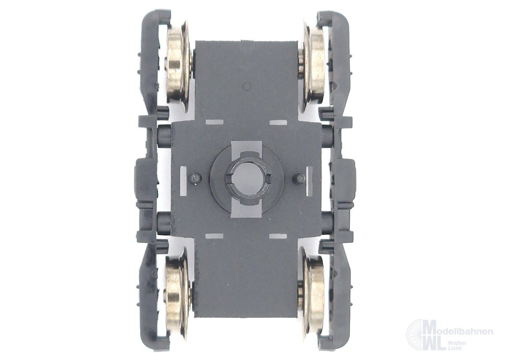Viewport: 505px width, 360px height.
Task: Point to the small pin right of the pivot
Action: click(x=298, y=177)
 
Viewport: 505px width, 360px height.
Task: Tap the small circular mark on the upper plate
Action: click(x=247, y=87)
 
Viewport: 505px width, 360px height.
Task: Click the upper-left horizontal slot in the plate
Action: click(x=213, y=122)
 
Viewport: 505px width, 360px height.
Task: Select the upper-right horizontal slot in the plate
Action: click(x=277, y=122)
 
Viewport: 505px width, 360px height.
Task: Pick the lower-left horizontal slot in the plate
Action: click(x=213, y=235)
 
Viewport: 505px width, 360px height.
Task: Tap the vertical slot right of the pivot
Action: click(x=309, y=181)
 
